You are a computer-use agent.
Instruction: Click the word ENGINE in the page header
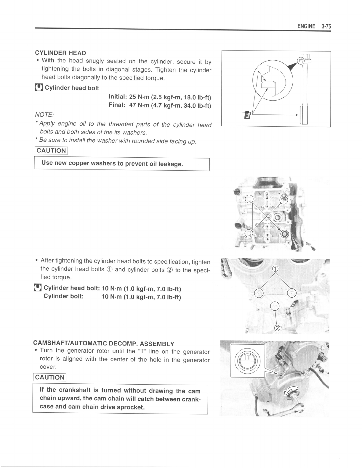pos(306,26)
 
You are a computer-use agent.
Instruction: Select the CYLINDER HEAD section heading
pos(60,53)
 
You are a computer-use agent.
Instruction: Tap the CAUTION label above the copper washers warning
pos(51,151)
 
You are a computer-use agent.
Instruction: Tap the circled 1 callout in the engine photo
pos(275,269)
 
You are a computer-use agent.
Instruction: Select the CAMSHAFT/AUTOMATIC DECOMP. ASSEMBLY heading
pos(104,343)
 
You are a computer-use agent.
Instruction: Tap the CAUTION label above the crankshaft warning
pos(49,377)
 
